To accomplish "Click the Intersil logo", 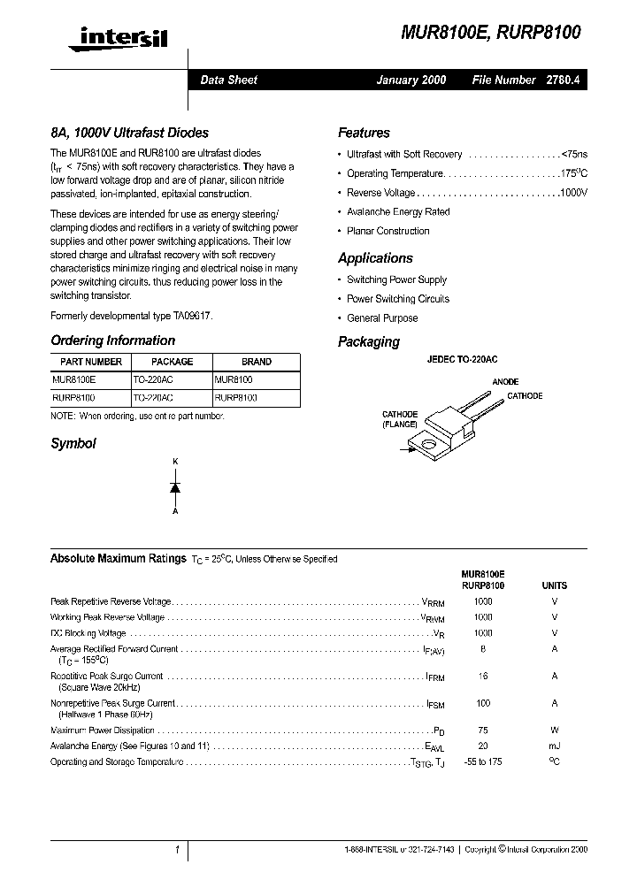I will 111,36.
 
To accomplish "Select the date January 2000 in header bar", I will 411,80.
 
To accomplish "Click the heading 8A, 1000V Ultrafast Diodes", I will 129,133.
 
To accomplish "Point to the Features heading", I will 364,133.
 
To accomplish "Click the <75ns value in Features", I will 573,154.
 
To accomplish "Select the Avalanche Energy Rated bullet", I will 398,212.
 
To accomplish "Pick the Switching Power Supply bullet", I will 396,279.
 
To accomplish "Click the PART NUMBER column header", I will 91,362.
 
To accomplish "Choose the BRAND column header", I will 257,362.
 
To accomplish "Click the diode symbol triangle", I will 175,487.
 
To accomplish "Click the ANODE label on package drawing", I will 505,382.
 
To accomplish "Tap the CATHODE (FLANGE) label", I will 400,419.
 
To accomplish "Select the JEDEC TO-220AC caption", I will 462,360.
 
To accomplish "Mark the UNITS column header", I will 555,585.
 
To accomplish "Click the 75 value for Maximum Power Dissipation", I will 483,731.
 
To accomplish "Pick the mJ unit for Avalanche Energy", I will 555,746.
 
